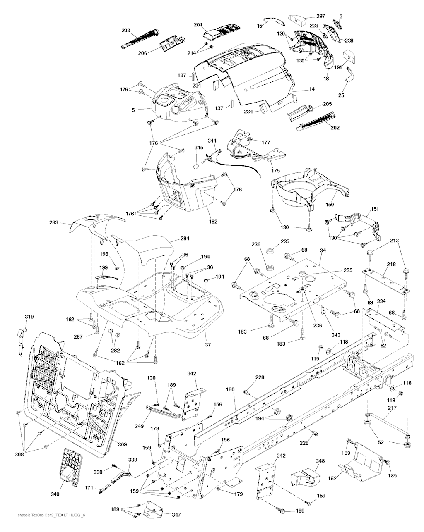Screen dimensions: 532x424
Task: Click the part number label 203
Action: coord(126,30)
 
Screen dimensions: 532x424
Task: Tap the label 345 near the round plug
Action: coord(199,147)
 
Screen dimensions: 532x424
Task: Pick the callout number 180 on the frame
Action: coord(230,389)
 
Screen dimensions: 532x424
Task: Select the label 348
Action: coord(320,460)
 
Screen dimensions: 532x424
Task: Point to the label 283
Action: coord(65,223)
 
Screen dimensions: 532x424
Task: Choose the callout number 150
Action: coord(330,204)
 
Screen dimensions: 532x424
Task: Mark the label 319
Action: coord(29,317)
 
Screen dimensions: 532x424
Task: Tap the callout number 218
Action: coord(391,264)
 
